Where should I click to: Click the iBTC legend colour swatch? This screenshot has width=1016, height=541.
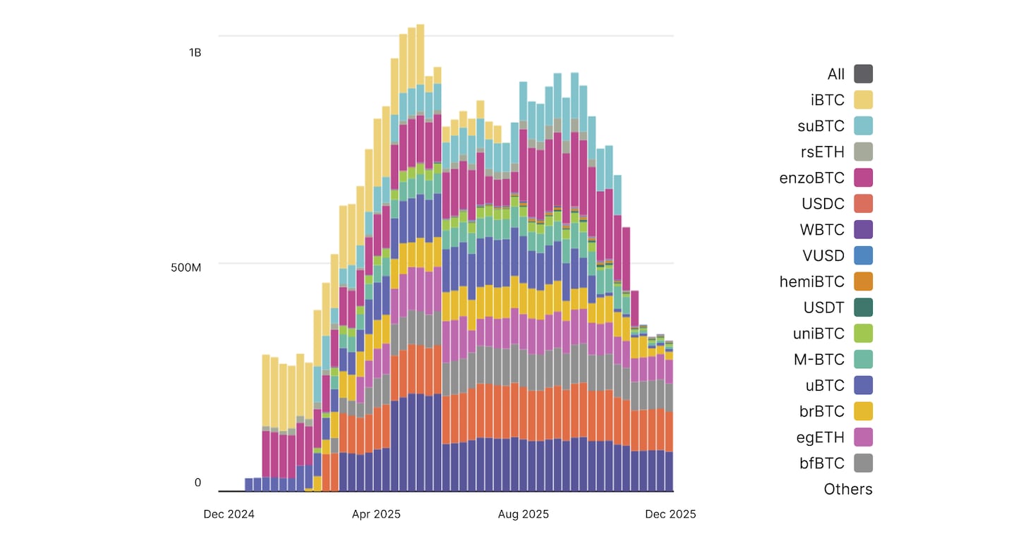863,100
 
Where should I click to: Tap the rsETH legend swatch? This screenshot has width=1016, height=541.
863,152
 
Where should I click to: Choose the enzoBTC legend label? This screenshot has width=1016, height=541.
811,178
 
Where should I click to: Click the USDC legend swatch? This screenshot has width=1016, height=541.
863,204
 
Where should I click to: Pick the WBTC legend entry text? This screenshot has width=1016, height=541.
822,230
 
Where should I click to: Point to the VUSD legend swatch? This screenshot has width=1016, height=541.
863,255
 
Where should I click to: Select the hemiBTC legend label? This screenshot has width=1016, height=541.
811,281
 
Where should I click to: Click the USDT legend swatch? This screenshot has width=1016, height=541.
863,308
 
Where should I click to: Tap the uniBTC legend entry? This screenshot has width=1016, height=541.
818,334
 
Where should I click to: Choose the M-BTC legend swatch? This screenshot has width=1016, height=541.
863,359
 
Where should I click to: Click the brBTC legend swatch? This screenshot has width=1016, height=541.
863,411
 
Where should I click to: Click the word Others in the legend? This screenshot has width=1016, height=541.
848,489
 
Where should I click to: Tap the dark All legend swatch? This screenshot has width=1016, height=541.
863,74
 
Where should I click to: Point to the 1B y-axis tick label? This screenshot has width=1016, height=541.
195,52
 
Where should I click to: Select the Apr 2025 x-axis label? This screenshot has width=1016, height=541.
376,514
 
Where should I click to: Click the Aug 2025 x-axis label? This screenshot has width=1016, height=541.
524,514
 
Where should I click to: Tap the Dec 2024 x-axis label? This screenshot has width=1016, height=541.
229,514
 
